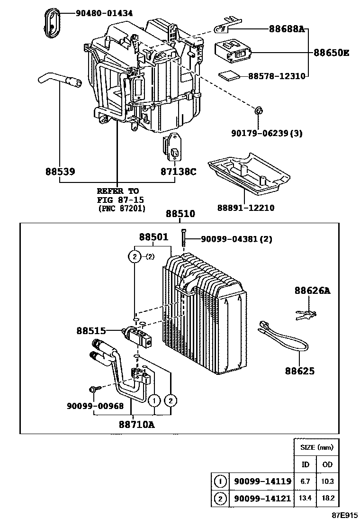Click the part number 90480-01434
[105, 14]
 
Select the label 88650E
[331, 53]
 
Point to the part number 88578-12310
[276, 75]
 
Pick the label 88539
[60, 171]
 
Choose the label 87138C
[178, 171]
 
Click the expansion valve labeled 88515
[138, 335]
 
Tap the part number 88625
[299, 371]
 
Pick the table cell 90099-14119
[262, 482]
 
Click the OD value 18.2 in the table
[327, 498]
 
